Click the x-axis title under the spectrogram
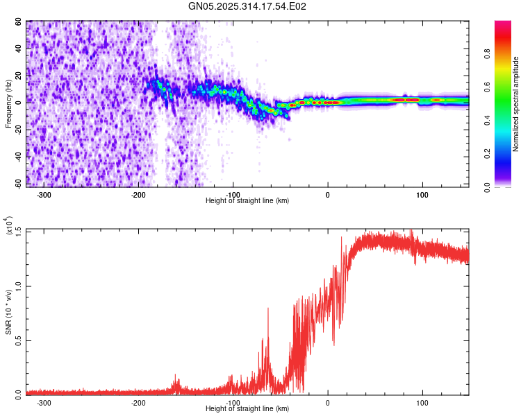click(x=247, y=200)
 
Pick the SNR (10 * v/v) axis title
click(x=8, y=312)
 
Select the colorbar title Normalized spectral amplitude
click(x=516, y=104)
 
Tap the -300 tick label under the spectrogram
click(x=44, y=194)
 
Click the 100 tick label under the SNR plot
click(x=422, y=402)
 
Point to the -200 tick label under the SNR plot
click(x=138, y=402)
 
